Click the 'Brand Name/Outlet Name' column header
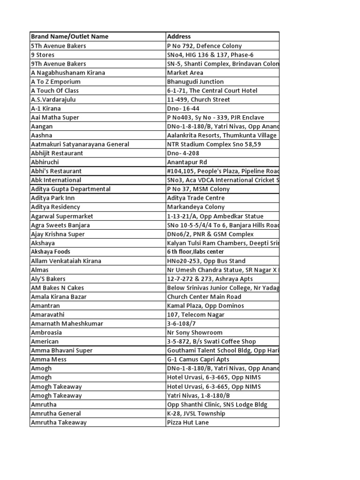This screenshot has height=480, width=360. pos(69,37)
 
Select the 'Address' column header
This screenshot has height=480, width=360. pos(179,37)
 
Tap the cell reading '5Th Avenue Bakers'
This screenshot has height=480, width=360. pos(59,46)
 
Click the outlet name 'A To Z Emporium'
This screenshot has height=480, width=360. pos(56,82)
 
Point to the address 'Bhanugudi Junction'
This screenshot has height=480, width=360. pos(195,82)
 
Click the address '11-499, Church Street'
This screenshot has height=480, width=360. pos(199,99)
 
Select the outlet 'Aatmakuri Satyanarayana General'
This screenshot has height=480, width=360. pos(80,144)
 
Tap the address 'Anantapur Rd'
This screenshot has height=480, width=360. pos(187,162)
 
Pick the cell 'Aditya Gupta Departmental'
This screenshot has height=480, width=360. pos(71,189)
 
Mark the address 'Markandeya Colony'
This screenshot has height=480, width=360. pos(196,207)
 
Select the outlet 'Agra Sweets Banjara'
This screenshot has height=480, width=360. pos(60,225)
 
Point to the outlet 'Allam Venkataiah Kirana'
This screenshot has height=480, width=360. pos(66,261)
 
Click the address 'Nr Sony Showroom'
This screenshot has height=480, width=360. pos(195,332)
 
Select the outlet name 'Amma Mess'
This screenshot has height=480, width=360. pos(49,360)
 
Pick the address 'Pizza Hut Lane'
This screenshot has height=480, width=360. pos(188,422)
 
